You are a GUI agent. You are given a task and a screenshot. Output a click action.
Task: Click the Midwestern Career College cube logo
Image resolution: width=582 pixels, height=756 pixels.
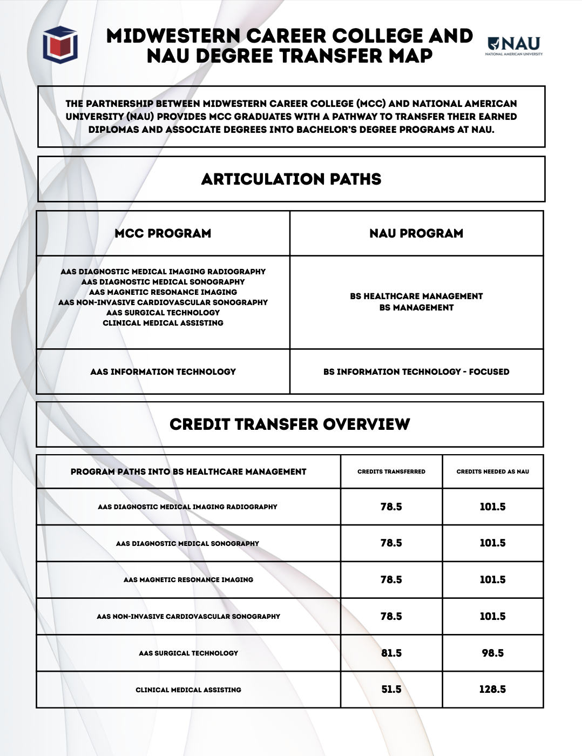tap(60, 44)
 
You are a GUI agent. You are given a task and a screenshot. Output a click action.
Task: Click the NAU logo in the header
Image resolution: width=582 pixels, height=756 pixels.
tap(514, 45)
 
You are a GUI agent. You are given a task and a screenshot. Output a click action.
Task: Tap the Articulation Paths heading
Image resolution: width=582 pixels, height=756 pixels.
tap(291, 179)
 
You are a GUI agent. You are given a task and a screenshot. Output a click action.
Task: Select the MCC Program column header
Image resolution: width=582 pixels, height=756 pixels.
tap(163, 233)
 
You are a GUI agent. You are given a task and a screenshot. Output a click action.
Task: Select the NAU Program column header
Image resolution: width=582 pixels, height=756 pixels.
tap(416, 233)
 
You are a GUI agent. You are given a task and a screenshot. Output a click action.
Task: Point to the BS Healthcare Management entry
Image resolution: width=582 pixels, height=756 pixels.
tap(416, 296)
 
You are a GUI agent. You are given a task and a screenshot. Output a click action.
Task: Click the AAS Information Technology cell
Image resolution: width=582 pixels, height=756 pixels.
tap(163, 372)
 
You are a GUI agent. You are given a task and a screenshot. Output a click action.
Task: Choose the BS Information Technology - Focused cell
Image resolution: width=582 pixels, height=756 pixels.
tap(416, 372)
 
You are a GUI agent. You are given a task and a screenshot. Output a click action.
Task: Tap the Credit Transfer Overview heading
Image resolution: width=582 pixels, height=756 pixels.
tap(290, 424)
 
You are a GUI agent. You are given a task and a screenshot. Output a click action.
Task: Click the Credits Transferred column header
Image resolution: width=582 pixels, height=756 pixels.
tap(391, 471)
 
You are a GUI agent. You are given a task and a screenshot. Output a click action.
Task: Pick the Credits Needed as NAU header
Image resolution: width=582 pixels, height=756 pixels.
tap(493, 471)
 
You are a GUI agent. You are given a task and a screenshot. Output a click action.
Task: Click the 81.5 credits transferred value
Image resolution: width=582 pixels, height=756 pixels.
tap(391, 653)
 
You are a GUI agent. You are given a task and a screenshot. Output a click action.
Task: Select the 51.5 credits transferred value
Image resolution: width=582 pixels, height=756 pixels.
tap(391, 690)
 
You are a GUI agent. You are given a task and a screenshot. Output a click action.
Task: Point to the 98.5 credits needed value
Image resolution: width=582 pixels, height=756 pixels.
tap(493, 653)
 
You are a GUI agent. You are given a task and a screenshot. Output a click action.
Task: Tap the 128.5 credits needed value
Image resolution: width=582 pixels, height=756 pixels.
tap(493, 690)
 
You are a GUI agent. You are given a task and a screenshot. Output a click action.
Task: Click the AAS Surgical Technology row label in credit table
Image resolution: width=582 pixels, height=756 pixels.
tap(188, 653)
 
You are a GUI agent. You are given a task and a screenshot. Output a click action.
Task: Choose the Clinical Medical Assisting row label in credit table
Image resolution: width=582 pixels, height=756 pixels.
tap(188, 690)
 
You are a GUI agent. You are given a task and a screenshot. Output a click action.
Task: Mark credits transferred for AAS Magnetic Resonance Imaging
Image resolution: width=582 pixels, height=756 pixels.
tap(391, 579)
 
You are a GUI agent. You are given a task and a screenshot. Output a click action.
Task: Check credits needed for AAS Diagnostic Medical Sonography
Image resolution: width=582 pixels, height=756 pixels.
tap(493, 543)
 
